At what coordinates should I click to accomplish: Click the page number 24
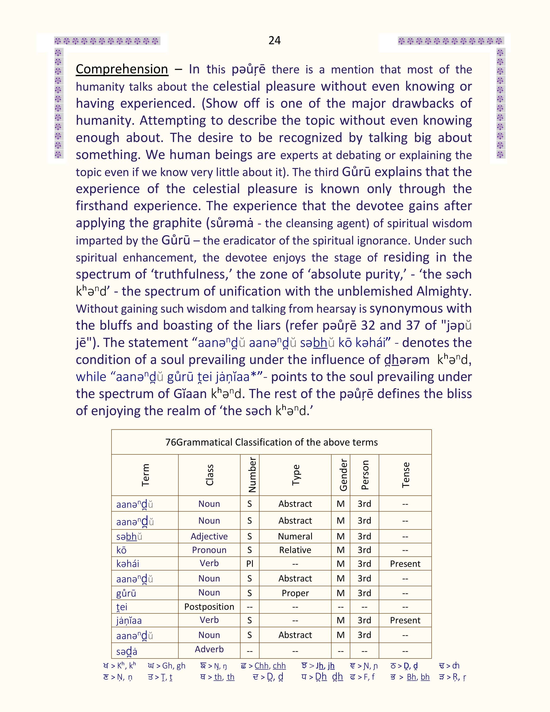(x=274, y=40)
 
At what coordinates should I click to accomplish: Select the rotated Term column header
(x=145, y=475)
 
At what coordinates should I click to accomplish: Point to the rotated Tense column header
(x=405, y=475)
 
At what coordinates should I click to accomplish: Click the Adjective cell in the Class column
(x=209, y=536)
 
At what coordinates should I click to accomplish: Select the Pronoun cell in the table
(x=209, y=550)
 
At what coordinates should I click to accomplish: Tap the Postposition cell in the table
(x=209, y=607)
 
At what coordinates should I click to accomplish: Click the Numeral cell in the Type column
(x=295, y=536)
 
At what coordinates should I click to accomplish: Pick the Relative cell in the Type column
(x=295, y=550)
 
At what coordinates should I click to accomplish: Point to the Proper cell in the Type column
(x=295, y=593)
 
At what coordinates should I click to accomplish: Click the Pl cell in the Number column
(x=250, y=564)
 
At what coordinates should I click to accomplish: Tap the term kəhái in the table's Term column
(x=128, y=564)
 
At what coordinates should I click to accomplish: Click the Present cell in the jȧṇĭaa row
(x=405, y=620)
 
